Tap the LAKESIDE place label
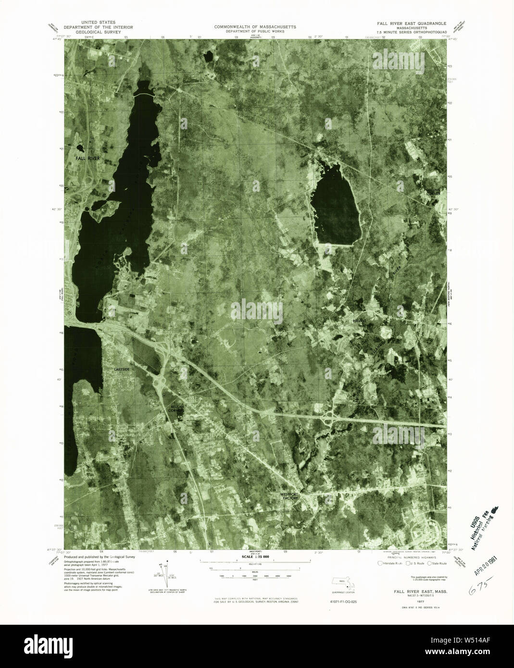(122, 369)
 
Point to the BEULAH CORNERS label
(177, 408)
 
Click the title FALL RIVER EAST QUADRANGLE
(412, 24)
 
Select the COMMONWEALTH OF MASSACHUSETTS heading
(255, 26)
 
